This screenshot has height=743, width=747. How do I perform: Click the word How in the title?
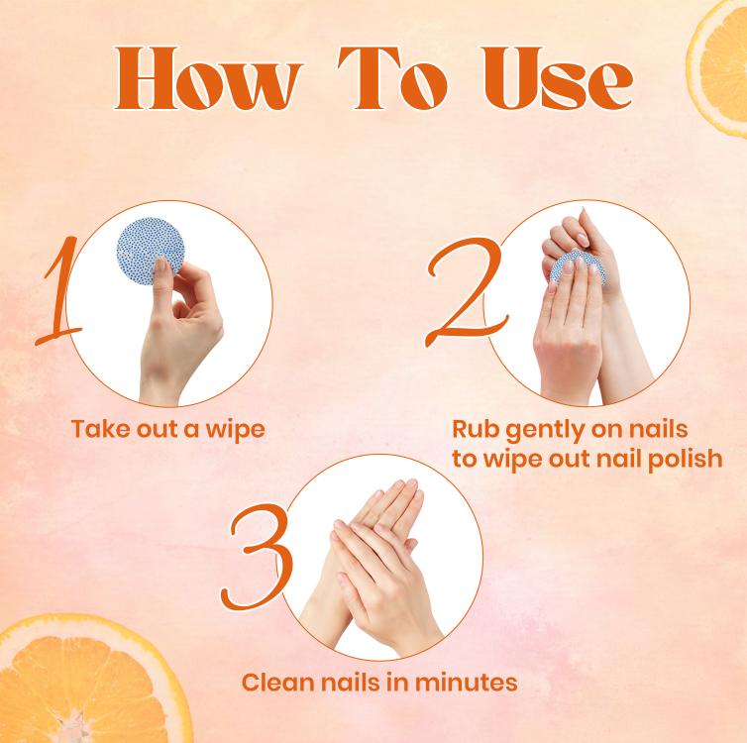(209, 78)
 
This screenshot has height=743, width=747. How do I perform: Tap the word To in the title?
(392, 78)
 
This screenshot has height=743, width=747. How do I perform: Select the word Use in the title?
(558, 78)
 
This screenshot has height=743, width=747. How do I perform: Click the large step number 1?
(58, 290)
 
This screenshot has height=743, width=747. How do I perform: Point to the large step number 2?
(466, 291)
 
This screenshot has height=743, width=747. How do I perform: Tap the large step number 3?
(258, 557)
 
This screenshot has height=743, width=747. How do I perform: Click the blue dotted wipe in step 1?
(149, 250)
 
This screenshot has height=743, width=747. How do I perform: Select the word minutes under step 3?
(466, 682)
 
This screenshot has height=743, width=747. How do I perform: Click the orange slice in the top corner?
(717, 66)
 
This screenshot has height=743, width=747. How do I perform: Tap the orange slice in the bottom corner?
(90, 682)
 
